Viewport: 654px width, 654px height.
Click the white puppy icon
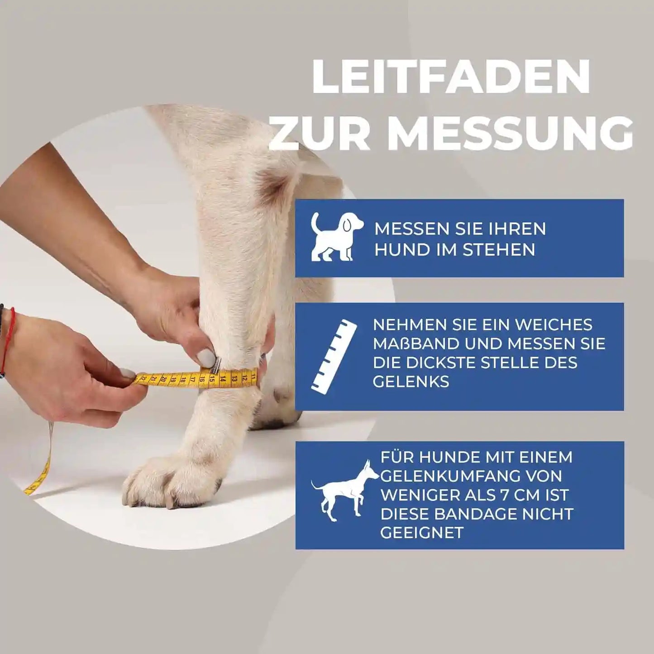point(336,237)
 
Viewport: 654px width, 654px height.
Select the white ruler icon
point(334,356)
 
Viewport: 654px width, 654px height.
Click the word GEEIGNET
point(422,533)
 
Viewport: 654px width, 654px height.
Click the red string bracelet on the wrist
point(9,337)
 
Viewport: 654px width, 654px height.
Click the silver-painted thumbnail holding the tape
point(207,358)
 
